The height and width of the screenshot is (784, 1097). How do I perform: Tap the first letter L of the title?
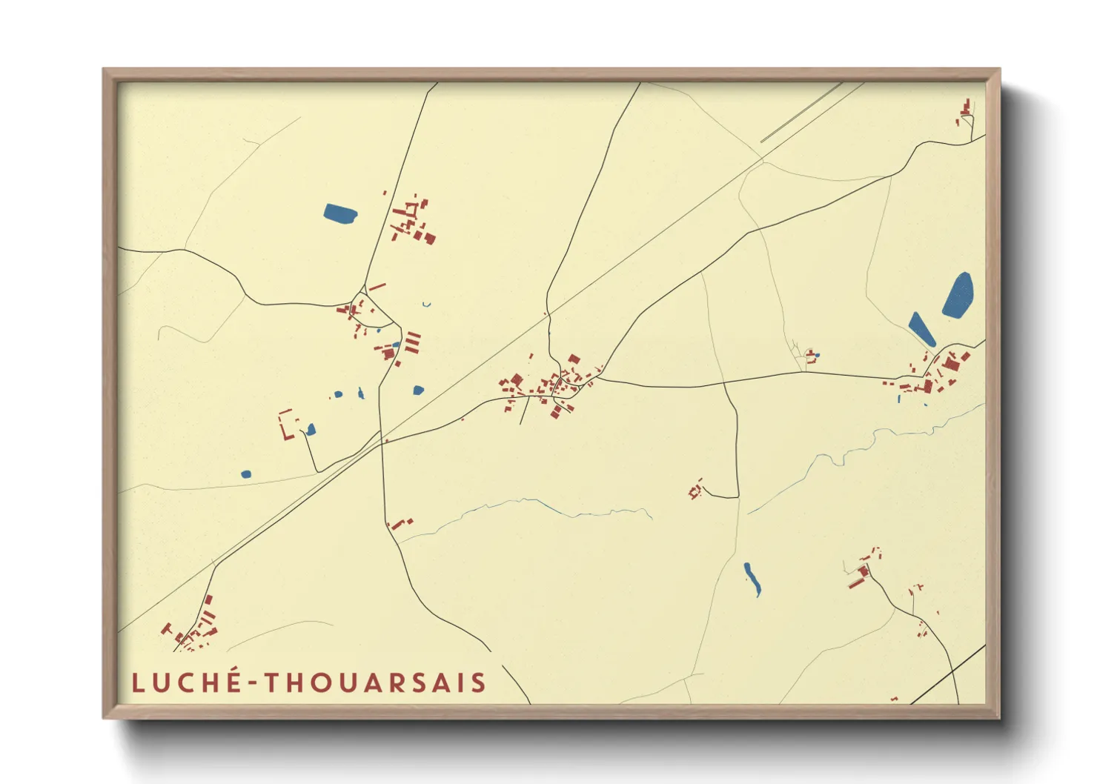coord(137,683)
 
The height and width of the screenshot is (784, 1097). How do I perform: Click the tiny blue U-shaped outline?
coord(426,304)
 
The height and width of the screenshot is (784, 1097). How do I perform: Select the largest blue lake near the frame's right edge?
coord(958,295)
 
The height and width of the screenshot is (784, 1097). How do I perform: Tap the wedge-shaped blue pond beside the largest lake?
coord(921,328)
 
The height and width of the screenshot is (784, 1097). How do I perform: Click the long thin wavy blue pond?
coord(752,579)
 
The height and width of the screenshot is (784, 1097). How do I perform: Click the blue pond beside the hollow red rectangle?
coord(311,429)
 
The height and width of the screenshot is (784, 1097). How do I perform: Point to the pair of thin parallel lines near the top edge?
coord(801,113)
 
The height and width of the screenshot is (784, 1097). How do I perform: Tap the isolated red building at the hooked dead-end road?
coord(696,490)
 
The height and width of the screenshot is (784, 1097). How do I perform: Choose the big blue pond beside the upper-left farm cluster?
coord(340,213)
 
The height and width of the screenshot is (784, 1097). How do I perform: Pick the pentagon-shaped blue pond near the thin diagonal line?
coord(418,390)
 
